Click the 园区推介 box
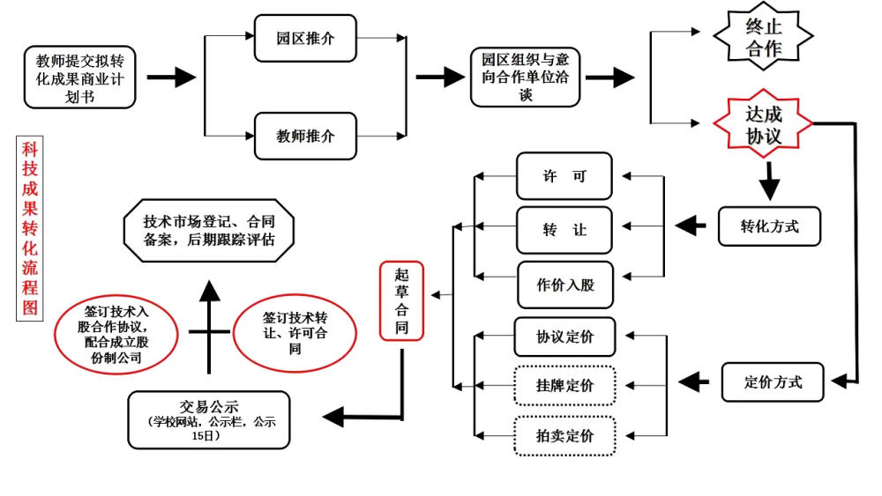305,38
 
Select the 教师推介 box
305,136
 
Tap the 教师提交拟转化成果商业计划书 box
80,78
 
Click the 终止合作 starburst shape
763,36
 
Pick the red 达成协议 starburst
763,125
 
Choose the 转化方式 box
769,226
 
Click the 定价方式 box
773,382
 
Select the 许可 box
564,176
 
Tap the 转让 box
564,230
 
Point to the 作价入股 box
565,285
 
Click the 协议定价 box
564,337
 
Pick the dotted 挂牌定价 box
564,385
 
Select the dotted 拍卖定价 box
564,436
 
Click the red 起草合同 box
401,301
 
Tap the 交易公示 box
209,419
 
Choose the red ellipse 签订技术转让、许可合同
295,333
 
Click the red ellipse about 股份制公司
116,334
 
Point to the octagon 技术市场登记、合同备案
209,230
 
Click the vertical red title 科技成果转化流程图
30,229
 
